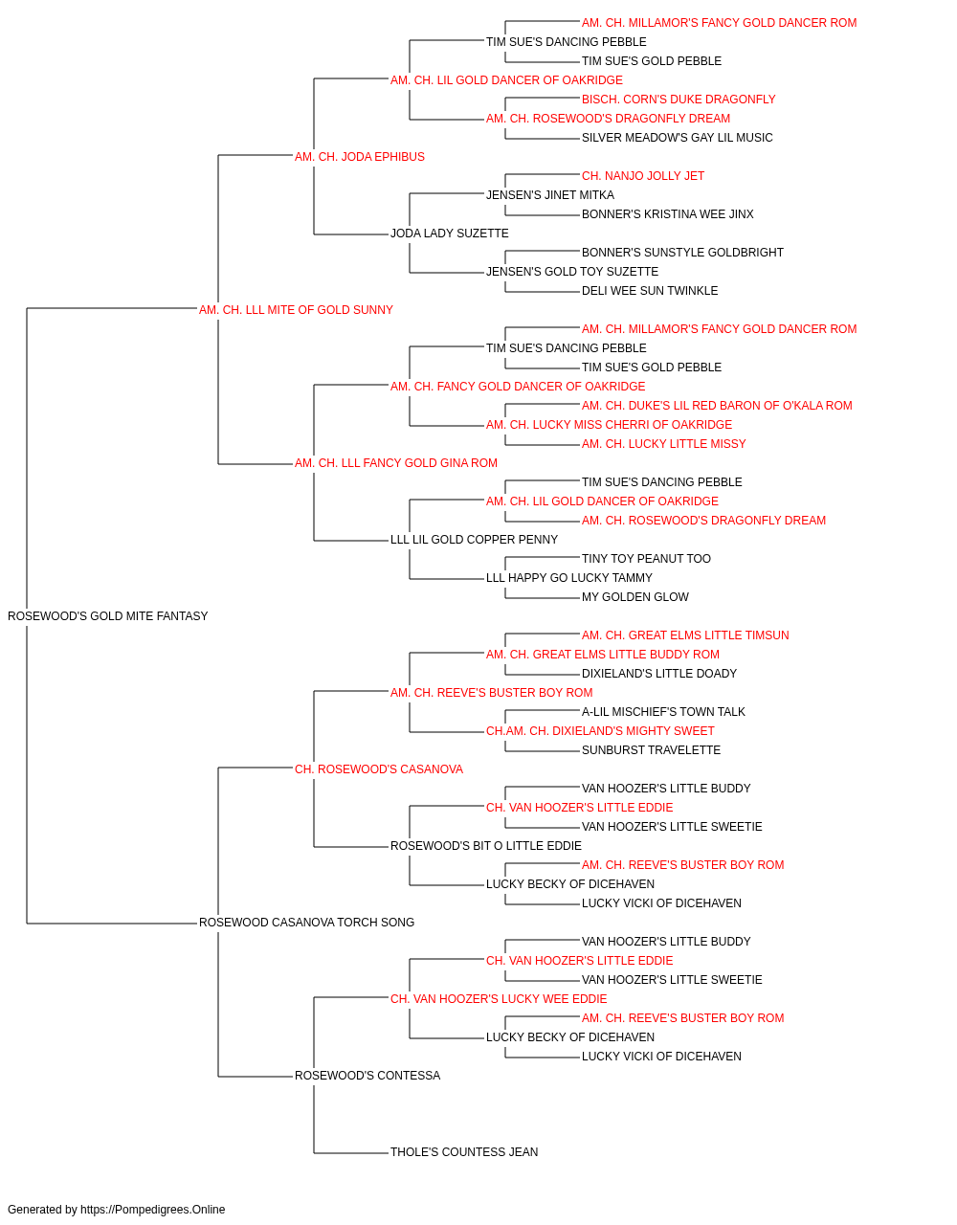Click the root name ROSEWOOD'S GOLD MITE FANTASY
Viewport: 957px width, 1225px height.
[x=107, y=616]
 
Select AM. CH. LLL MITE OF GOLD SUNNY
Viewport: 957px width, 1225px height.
[x=296, y=310]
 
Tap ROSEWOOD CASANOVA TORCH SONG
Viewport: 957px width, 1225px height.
[x=306, y=923]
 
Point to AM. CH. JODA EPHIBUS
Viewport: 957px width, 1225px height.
[x=360, y=157]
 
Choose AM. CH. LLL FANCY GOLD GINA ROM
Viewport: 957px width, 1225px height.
[x=396, y=463]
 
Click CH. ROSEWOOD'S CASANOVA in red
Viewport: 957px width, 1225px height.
[x=379, y=769]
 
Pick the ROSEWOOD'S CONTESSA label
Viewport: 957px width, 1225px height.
[x=367, y=1076]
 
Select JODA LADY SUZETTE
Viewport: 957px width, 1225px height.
[x=450, y=234]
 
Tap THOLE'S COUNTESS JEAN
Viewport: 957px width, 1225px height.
[x=464, y=1152]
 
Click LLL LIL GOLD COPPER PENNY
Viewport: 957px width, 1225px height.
[x=474, y=540]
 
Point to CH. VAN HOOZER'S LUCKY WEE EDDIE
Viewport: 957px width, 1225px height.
[x=499, y=999]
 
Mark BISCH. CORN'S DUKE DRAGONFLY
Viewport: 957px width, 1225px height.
[x=679, y=100]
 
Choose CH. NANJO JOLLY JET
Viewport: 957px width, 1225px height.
[x=643, y=176]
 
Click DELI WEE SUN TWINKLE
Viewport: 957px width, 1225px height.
[x=650, y=291]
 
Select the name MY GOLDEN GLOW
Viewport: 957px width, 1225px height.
[x=635, y=597]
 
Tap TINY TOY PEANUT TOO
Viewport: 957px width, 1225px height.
[x=647, y=559]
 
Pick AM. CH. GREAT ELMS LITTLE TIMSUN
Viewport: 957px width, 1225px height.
[x=685, y=635]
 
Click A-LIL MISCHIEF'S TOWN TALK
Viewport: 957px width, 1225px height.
[x=663, y=712]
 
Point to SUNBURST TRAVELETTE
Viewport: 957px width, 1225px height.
[x=651, y=750]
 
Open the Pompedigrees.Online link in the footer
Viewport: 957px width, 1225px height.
[x=153, y=1210]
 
